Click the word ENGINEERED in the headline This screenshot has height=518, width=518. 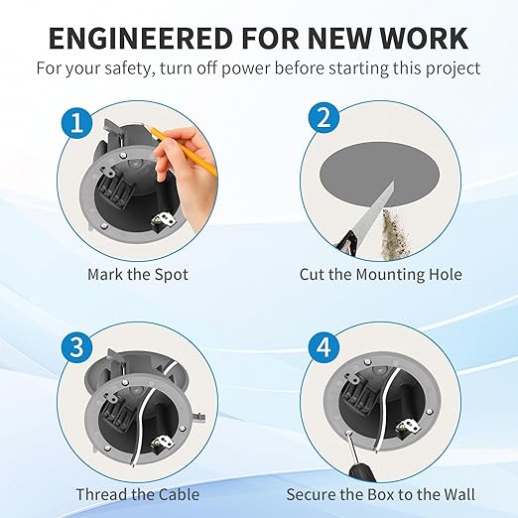tap(141, 38)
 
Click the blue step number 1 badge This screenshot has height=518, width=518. tap(77, 123)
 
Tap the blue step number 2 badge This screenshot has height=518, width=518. tap(324, 117)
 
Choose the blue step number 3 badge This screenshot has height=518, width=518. tap(77, 346)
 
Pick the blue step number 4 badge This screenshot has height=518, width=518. tap(324, 347)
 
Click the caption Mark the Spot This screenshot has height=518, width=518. tap(138, 275)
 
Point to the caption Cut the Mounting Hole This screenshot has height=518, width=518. tap(381, 275)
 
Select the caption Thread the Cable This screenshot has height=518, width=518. tap(138, 494)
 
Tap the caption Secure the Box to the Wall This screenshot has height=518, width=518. tap(381, 494)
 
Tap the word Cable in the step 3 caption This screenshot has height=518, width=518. tap(179, 494)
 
